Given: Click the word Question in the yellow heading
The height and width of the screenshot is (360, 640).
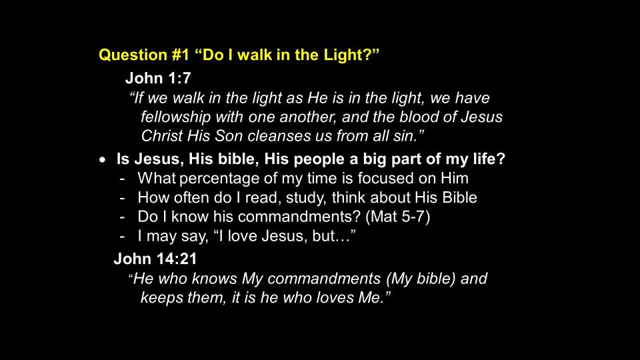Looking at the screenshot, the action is click(133, 55).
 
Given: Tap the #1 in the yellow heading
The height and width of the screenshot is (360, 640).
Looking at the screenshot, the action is click(181, 55).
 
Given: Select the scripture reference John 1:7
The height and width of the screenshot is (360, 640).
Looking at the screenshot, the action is click(158, 78).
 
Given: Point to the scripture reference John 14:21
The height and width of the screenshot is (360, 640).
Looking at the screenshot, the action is click(155, 259).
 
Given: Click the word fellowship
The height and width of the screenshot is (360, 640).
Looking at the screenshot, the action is click(176, 117).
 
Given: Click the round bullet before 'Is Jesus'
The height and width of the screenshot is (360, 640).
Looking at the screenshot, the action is click(102, 160).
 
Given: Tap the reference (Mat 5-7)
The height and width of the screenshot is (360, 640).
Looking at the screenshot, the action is click(397, 217).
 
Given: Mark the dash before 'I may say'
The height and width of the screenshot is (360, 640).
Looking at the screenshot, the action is click(122, 237).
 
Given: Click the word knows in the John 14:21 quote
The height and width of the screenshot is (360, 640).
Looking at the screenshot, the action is click(214, 279).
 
